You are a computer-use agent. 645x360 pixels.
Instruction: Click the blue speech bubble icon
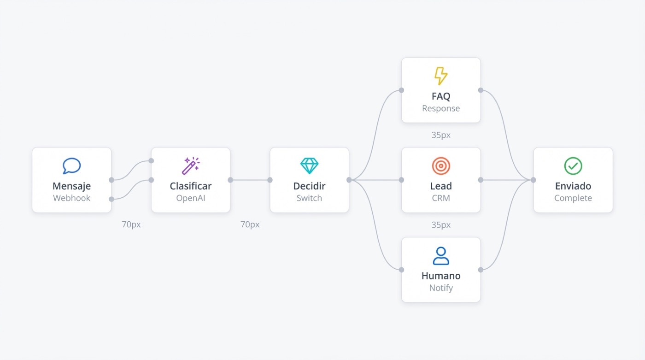coord(71,165)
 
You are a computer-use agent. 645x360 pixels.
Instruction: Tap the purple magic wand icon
coord(190,165)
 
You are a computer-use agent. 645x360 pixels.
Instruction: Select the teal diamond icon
coord(309,165)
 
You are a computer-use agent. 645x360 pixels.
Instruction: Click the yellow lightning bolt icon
coord(441,76)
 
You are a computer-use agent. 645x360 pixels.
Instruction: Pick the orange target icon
coord(441,166)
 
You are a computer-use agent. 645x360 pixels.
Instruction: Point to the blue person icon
coord(441,256)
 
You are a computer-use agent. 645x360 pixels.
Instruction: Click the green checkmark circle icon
coord(573,166)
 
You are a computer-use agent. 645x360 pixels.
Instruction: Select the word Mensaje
coord(72,186)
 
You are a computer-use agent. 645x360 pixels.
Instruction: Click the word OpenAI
coord(191,198)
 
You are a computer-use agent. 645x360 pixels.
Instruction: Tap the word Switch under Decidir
coord(309,198)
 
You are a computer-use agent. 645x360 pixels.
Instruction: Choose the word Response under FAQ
coord(441,109)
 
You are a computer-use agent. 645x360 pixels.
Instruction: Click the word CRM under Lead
coord(441,198)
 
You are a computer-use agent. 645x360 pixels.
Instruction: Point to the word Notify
coord(441,288)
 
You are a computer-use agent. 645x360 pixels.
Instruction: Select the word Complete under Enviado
coord(573,198)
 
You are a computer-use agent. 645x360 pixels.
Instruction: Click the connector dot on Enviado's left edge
coord(534,180)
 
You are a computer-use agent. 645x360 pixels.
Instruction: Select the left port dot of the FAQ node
coord(401,90)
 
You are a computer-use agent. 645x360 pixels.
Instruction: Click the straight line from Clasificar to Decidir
coord(250,180)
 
